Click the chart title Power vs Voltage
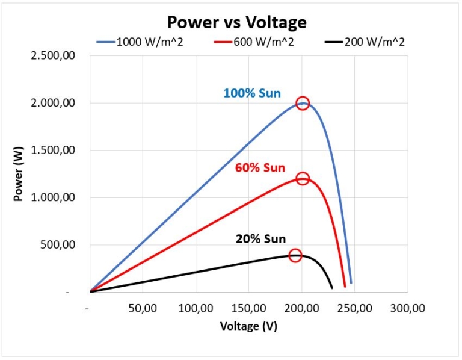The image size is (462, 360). (236, 22)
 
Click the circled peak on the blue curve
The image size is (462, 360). (303, 103)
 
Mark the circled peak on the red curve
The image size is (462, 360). (303, 178)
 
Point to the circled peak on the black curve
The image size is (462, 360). (295, 255)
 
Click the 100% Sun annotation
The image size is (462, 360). (251, 93)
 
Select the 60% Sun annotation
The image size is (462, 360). (260, 167)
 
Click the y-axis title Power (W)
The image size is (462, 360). (19, 175)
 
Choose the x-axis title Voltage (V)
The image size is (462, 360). (248, 326)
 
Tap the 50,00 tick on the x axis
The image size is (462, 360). (142, 308)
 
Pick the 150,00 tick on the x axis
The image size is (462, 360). (248, 308)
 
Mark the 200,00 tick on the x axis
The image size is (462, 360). (301, 308)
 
